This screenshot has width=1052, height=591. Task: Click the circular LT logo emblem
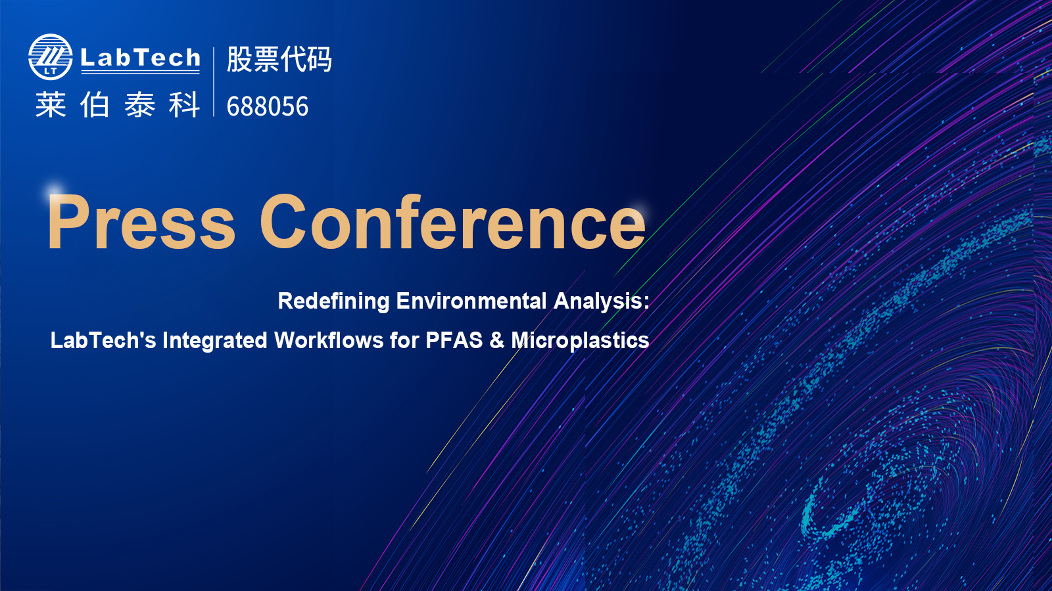pos(50,57)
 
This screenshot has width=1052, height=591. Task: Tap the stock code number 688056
pos(267,106)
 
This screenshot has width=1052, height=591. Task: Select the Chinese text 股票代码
pos(279,60)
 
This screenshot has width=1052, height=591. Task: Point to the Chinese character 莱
pos(51,104)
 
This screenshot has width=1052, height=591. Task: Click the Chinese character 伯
pos(95,104)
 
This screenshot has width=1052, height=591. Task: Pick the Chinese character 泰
pos(139,104)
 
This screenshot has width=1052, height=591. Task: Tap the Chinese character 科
pos(184,104)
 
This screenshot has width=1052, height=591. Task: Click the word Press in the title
pos(141,221)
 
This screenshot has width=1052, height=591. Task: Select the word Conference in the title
pos(453,221)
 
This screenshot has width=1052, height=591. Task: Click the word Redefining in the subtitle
pos(333,301)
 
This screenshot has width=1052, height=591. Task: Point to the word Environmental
pos(471,301)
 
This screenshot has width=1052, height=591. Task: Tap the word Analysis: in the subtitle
pos(602,301)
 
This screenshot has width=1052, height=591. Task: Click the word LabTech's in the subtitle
pos(103,340)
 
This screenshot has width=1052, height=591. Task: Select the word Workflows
pos(329,340)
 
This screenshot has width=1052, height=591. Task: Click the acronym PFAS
pos(454,340)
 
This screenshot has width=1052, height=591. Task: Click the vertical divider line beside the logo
pos(214,81)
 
